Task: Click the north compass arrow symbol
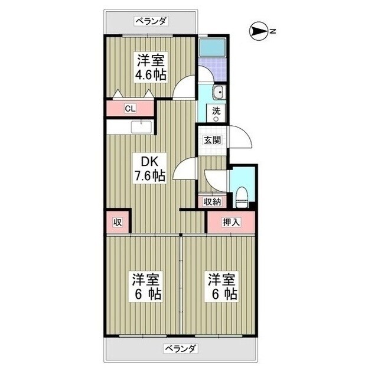(x=259, y=31)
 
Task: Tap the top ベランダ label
(x=151, y=21)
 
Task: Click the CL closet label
(x=130, y=109)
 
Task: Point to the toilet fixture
(x=241, y=196)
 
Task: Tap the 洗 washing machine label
(x=216, y=112)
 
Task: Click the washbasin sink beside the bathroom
(x=217, y=92)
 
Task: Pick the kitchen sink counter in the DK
(x=140, y=127)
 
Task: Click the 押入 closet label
(x=230, y=222)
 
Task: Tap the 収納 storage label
(x=212, y=201)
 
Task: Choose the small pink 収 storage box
(x=118, y=222)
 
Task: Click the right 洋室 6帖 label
(x=221, y=286)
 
